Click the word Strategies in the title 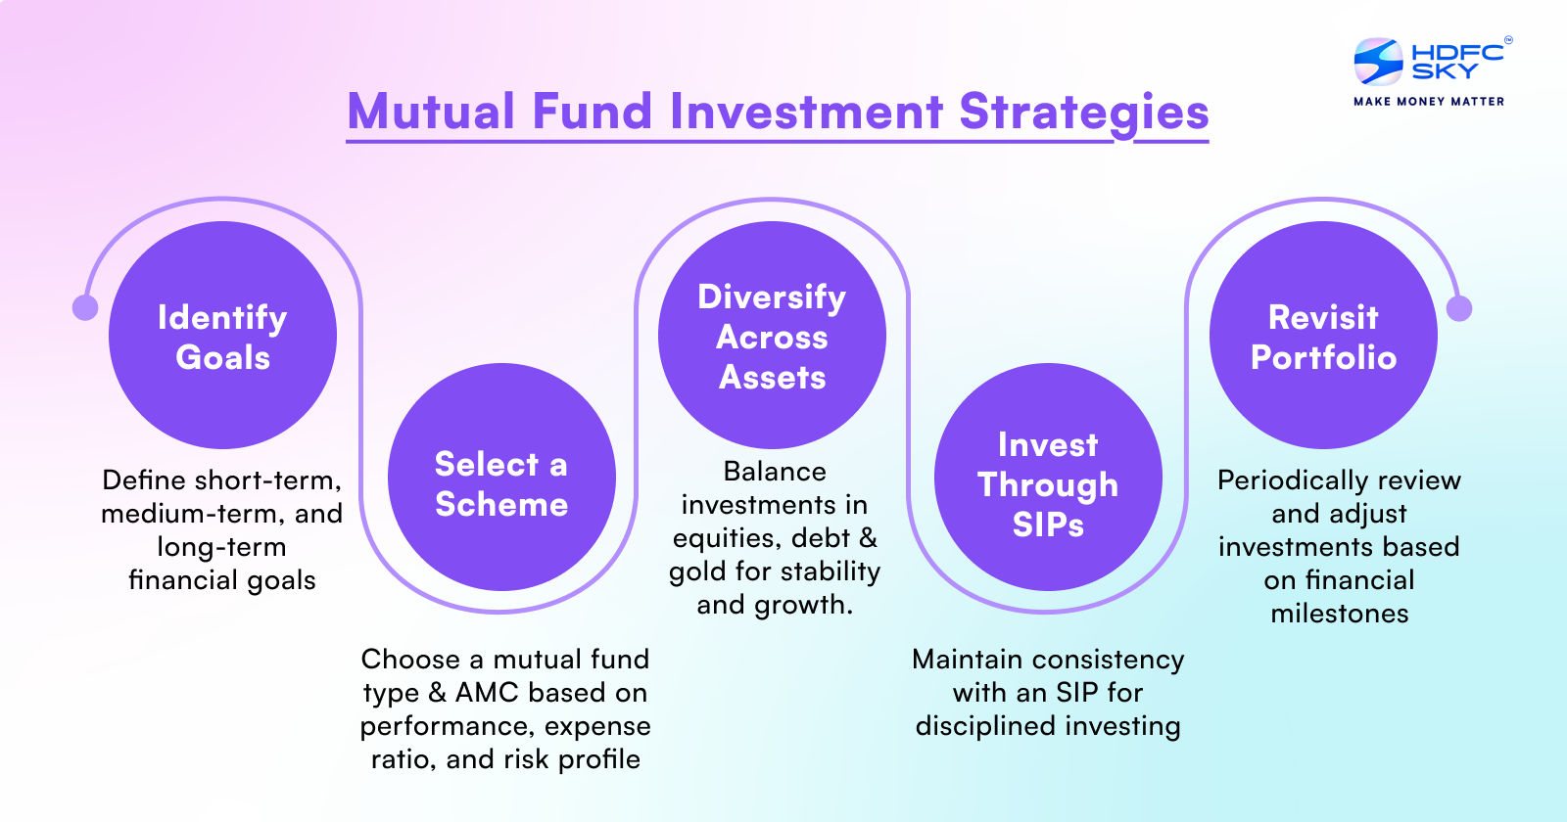[x=1083, y=112]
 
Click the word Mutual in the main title [x=431, y=112]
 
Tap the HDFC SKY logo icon [x=1378, y=62]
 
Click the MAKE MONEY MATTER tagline [x=1428, y=101]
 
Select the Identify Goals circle [x=222, y=336]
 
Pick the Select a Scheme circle [x=501, y=478]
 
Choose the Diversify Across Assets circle [x=772, y=336]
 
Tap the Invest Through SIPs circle [x=1048, y=478]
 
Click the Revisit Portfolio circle [x=1323, y=336]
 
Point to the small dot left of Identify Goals [x=85, y=307]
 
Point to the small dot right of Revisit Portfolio [x=1459, y=308]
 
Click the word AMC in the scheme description [x=487, y=693]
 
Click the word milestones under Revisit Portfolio [x=1339, y=614]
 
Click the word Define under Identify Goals [x=144, y=480]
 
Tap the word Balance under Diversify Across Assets [x=775, y=472]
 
